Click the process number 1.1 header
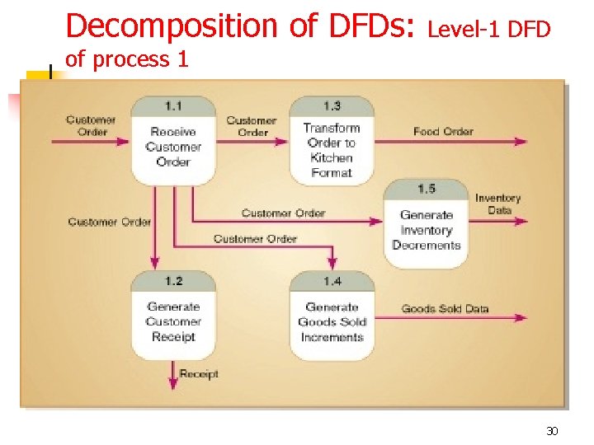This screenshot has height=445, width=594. coord(173,106)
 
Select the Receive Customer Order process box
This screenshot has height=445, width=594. coord(173,147)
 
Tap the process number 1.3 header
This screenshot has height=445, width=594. coord(332,106)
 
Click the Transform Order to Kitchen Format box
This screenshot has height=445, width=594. coord(332,150)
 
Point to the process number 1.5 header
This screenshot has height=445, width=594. coord(427,189)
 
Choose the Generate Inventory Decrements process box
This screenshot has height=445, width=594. coord(427,230)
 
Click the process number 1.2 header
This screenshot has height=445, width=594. coord(173,282)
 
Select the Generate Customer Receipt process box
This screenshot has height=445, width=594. coord(173,322)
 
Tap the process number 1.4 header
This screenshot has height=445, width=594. coord(332,282)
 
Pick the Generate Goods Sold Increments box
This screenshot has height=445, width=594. coord(332,322)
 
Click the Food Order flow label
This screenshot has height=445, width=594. coord(443,131)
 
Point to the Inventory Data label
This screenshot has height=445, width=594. coord(498,204)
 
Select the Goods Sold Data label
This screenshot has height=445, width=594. coord(445,309)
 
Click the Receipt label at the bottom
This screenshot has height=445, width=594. coord(199,374)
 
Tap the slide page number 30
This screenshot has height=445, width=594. coord(552,432)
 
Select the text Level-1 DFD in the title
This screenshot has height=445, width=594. coord(489,30)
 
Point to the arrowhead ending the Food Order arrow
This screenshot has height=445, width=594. coord(521,142)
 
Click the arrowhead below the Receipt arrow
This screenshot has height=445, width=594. coord(173,382)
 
